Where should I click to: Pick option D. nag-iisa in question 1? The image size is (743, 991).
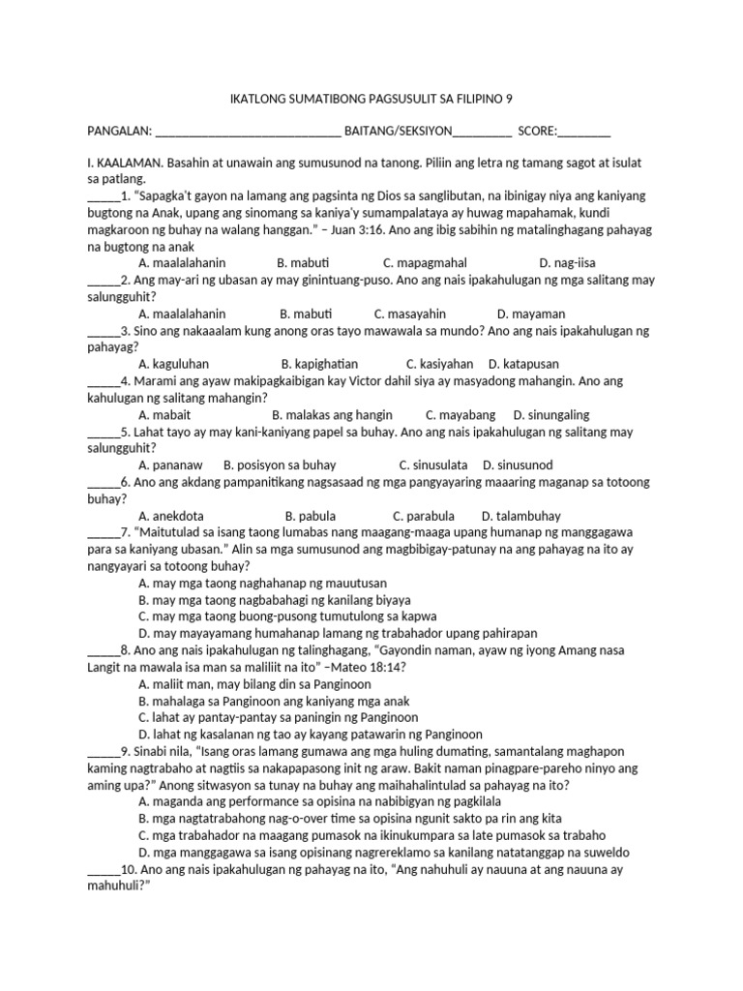[x=568, y=263]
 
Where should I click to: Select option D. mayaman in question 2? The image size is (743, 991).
[x=531, y=314]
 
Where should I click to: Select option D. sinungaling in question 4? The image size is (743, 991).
[x=550, y=414]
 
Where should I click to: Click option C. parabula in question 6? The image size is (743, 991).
[x=423, y=516]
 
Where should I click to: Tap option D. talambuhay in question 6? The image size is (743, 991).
[x=520, y=516]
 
